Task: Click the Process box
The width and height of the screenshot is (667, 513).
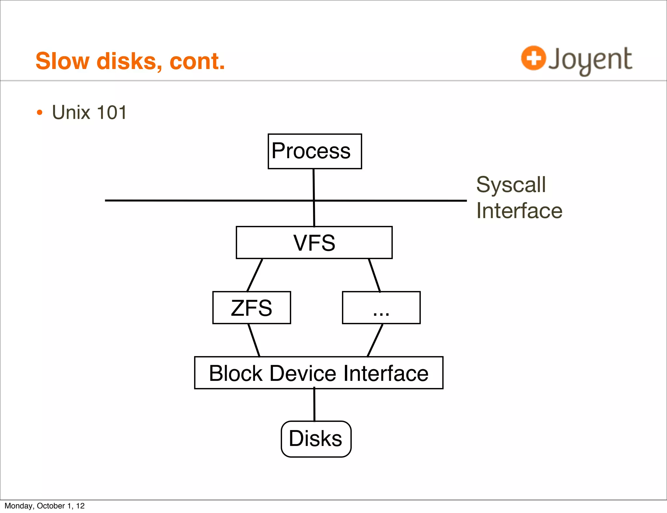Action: tap(315, 151)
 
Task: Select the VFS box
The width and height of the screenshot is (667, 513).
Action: tap(314, 243)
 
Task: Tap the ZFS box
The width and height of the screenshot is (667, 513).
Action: tap(251, 308)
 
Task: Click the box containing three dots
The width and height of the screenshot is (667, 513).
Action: tap(381, 308)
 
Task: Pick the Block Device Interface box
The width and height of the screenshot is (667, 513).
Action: tap(319, 373)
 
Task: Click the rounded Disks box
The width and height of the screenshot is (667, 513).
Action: tap(316, 439)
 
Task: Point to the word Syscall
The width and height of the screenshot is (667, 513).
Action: tap(511, 185)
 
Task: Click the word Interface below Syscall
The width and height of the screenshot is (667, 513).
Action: tap(519, 211)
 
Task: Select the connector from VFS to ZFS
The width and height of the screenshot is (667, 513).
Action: tap(255, 275)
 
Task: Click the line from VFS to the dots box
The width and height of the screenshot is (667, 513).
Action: tap(375, 275)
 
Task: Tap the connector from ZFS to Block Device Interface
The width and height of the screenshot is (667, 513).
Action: tap(254, 340)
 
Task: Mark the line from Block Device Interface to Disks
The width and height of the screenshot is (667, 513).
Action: tap(314, 405)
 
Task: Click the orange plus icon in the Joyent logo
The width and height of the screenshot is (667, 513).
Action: tap(533, 58)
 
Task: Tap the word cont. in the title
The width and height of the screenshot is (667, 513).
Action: tap(197, 61)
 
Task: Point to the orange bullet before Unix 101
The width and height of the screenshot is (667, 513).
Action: tap(39, 113)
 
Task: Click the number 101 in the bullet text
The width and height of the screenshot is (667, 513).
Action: tap(112, 113)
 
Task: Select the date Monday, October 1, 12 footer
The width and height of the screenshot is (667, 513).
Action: tap(45, 506)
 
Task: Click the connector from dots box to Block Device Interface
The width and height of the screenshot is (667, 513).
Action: tap(375, 340)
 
